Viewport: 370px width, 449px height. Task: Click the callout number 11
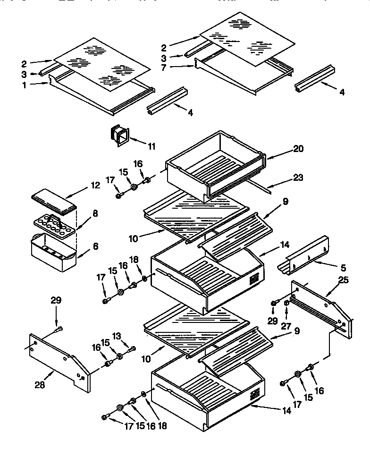click(151, 146)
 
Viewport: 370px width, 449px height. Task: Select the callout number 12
click(95, 186)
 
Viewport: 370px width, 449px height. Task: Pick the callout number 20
click(298, 148)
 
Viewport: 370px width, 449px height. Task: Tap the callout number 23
click(298, 178)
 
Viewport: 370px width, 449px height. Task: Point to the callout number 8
click(95, 213)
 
